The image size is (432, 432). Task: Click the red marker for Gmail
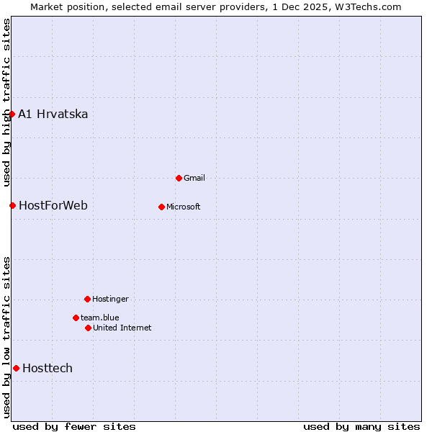pyautogui.click(x=179, y=178)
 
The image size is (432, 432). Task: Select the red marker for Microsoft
pyautogui.click(x=161, y=207)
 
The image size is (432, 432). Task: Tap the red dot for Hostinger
pyautogui.click(x=87, y=299)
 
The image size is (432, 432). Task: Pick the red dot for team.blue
pyautogui.click(x=76, y=318)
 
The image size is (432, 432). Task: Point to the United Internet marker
pyautogui.click(x=88, y=328)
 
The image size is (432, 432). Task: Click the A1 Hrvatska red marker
pyautogui.click(x=12, y=114)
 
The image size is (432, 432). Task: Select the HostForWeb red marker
pyautogui.click(x=12, y=205)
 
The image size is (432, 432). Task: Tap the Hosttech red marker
pyautogui.click(x=16, y=368)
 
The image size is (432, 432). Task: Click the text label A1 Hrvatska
pyautogui.click(x=53, y=114)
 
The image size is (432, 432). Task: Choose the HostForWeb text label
pyautogui.click(x=53, y=205)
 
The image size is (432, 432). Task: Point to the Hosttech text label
pyautogui.click(x=48, y=368)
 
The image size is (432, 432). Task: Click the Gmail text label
pyautogui.click(x=194, y=178)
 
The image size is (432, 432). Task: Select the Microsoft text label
pyautogui.click(x=183, y=207)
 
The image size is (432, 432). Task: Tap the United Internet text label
pyautogui.click(x=122, y=328)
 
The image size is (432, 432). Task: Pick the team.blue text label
pyautogui.click(x=99, y=318)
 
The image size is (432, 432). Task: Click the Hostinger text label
pyautogui.click(x=110, y=299)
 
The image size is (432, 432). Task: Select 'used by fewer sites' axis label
pyautogui.click(x=74, y=426)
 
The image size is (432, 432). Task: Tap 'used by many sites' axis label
pyautogui.click(x=361, y=426)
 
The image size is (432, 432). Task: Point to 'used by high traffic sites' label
pyautogui.click(x=6, y=102)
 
